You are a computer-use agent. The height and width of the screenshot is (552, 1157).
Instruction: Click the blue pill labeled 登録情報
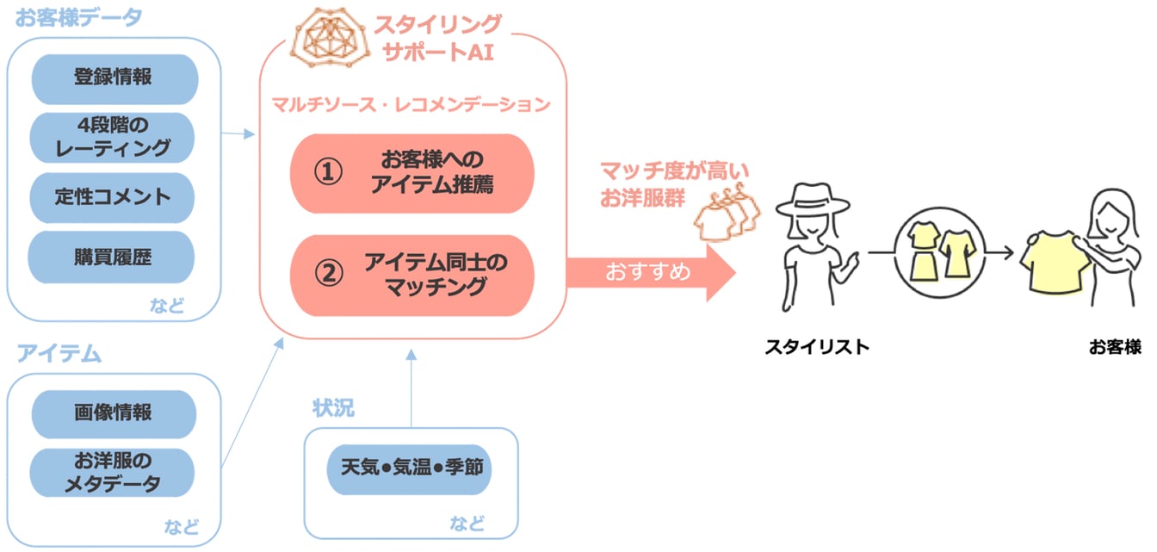click(x=114, y=78)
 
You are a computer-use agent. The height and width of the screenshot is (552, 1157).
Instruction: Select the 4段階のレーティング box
click(x=114, y=137)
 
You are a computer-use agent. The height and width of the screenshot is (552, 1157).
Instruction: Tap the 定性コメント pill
click(x=114, y=196)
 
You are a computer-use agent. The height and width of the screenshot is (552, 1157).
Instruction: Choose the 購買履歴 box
click(x=114, y=257)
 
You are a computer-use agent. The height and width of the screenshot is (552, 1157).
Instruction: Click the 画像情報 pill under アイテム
click(x=114, y=413)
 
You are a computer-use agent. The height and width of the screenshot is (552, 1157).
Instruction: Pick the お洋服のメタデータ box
click(x=114, y=473)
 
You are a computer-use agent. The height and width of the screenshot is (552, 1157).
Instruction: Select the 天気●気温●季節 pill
click(x=412, y=469)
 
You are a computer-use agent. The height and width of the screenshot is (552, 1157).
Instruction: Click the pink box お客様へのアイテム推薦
click(x=412, y=173)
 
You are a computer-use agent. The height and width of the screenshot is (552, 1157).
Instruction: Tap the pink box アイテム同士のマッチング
click(x=412, y=275)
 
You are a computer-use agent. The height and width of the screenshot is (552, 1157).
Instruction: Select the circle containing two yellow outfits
click(x=936, y=252)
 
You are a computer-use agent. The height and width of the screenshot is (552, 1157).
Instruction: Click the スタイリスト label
click(x=817, y=348)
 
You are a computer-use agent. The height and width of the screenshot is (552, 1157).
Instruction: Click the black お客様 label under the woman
click(x=1114, y=348)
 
